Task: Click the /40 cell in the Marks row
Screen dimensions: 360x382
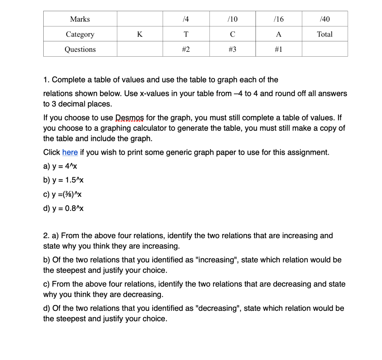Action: pos(325,19)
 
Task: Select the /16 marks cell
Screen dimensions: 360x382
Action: pos(278,19)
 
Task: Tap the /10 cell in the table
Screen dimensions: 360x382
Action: pos(232,19)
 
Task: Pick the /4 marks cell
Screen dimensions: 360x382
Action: pos(186,19)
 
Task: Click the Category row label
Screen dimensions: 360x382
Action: pos(80,34)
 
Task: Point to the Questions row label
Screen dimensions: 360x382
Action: pos(80,49)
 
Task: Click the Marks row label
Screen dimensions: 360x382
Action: pos(80,19)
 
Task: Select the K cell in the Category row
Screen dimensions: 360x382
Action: pos(140,34)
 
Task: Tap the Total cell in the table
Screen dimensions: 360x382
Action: pos(325,34)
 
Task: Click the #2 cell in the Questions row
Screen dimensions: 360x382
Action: pos(186,49)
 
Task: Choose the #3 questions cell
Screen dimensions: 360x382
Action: pos(232,49)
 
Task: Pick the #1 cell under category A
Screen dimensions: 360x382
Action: pos(278,49)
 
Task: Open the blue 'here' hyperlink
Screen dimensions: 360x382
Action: pos(70,152)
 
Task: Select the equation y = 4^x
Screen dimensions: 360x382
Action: pos(60,166)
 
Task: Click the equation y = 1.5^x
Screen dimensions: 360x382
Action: pos(63,180)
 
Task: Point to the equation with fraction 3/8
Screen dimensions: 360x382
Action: pos(63,194)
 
